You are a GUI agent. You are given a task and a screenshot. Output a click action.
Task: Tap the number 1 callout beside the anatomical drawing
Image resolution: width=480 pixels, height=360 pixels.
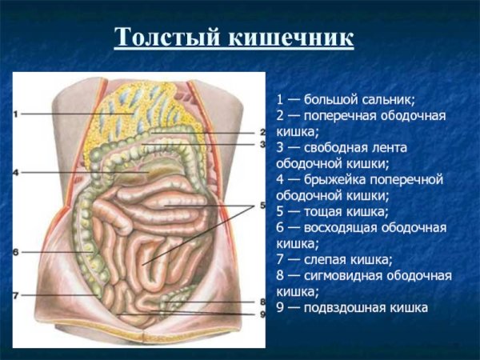(x=16, y=114)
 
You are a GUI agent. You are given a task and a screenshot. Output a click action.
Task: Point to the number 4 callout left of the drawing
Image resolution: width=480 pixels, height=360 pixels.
(x=16, y=172)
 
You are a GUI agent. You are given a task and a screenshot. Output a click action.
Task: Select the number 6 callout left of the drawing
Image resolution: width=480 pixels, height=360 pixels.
(x=16, y=251)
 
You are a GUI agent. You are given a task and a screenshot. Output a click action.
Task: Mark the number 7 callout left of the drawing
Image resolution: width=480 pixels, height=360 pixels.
(x=16, y=295)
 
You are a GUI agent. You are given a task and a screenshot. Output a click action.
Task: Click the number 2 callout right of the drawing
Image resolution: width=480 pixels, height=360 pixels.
(x=262, y=132)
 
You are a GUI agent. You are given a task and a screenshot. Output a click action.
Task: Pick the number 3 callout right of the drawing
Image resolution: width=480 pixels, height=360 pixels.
(x=262, y=144)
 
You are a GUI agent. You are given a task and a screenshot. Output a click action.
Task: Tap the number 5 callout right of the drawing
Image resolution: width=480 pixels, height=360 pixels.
(x=262, y=206)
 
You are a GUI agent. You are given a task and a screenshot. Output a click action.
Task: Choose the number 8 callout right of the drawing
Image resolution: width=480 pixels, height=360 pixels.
(x=262, y=302)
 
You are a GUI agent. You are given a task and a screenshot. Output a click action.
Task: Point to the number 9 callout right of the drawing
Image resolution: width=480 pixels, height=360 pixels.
(x=262, y=313)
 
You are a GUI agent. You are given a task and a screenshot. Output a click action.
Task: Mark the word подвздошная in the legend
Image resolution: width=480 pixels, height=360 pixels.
(x=349, y=307)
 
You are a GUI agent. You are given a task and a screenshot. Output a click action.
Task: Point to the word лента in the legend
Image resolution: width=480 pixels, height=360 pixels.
(x=391, y=148)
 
